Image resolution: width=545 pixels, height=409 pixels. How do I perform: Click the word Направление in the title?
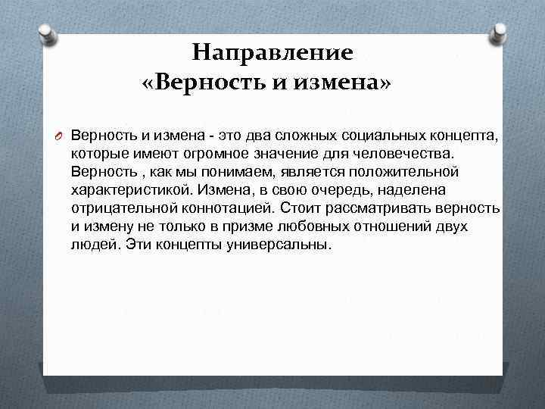(x=272, y=52)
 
